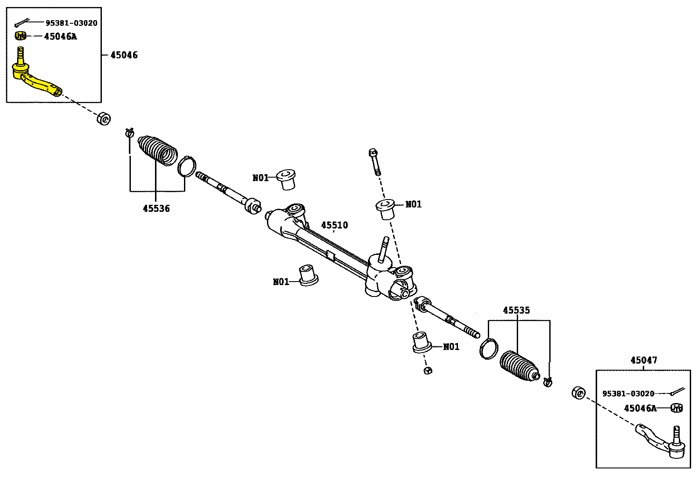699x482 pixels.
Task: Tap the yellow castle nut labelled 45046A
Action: (x=21, y=36)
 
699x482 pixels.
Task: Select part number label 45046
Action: (x=124, y=55)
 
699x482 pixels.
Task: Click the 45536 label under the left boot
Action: (x=156, y=208)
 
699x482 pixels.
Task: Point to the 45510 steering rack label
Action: (x=334, y=225)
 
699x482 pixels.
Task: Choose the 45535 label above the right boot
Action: (x=516, y=310)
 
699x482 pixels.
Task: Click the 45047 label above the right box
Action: (x=644, y=360)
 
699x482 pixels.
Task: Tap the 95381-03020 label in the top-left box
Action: (x=72, y=23)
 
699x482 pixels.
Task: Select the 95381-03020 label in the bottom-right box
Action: (x=628, y=393)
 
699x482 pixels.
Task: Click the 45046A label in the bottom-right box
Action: (x=640, y=408)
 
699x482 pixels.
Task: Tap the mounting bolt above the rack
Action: (x=375, y=161)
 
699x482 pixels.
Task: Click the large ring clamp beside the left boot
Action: (x=187, y=166)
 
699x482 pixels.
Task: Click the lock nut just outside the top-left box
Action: (x=104, y=118)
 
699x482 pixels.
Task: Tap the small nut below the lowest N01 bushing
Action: (x=429, y=371)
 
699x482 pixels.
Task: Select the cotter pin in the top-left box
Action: (x=22, y=23)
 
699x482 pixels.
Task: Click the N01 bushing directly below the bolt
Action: (x=386, y=209)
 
